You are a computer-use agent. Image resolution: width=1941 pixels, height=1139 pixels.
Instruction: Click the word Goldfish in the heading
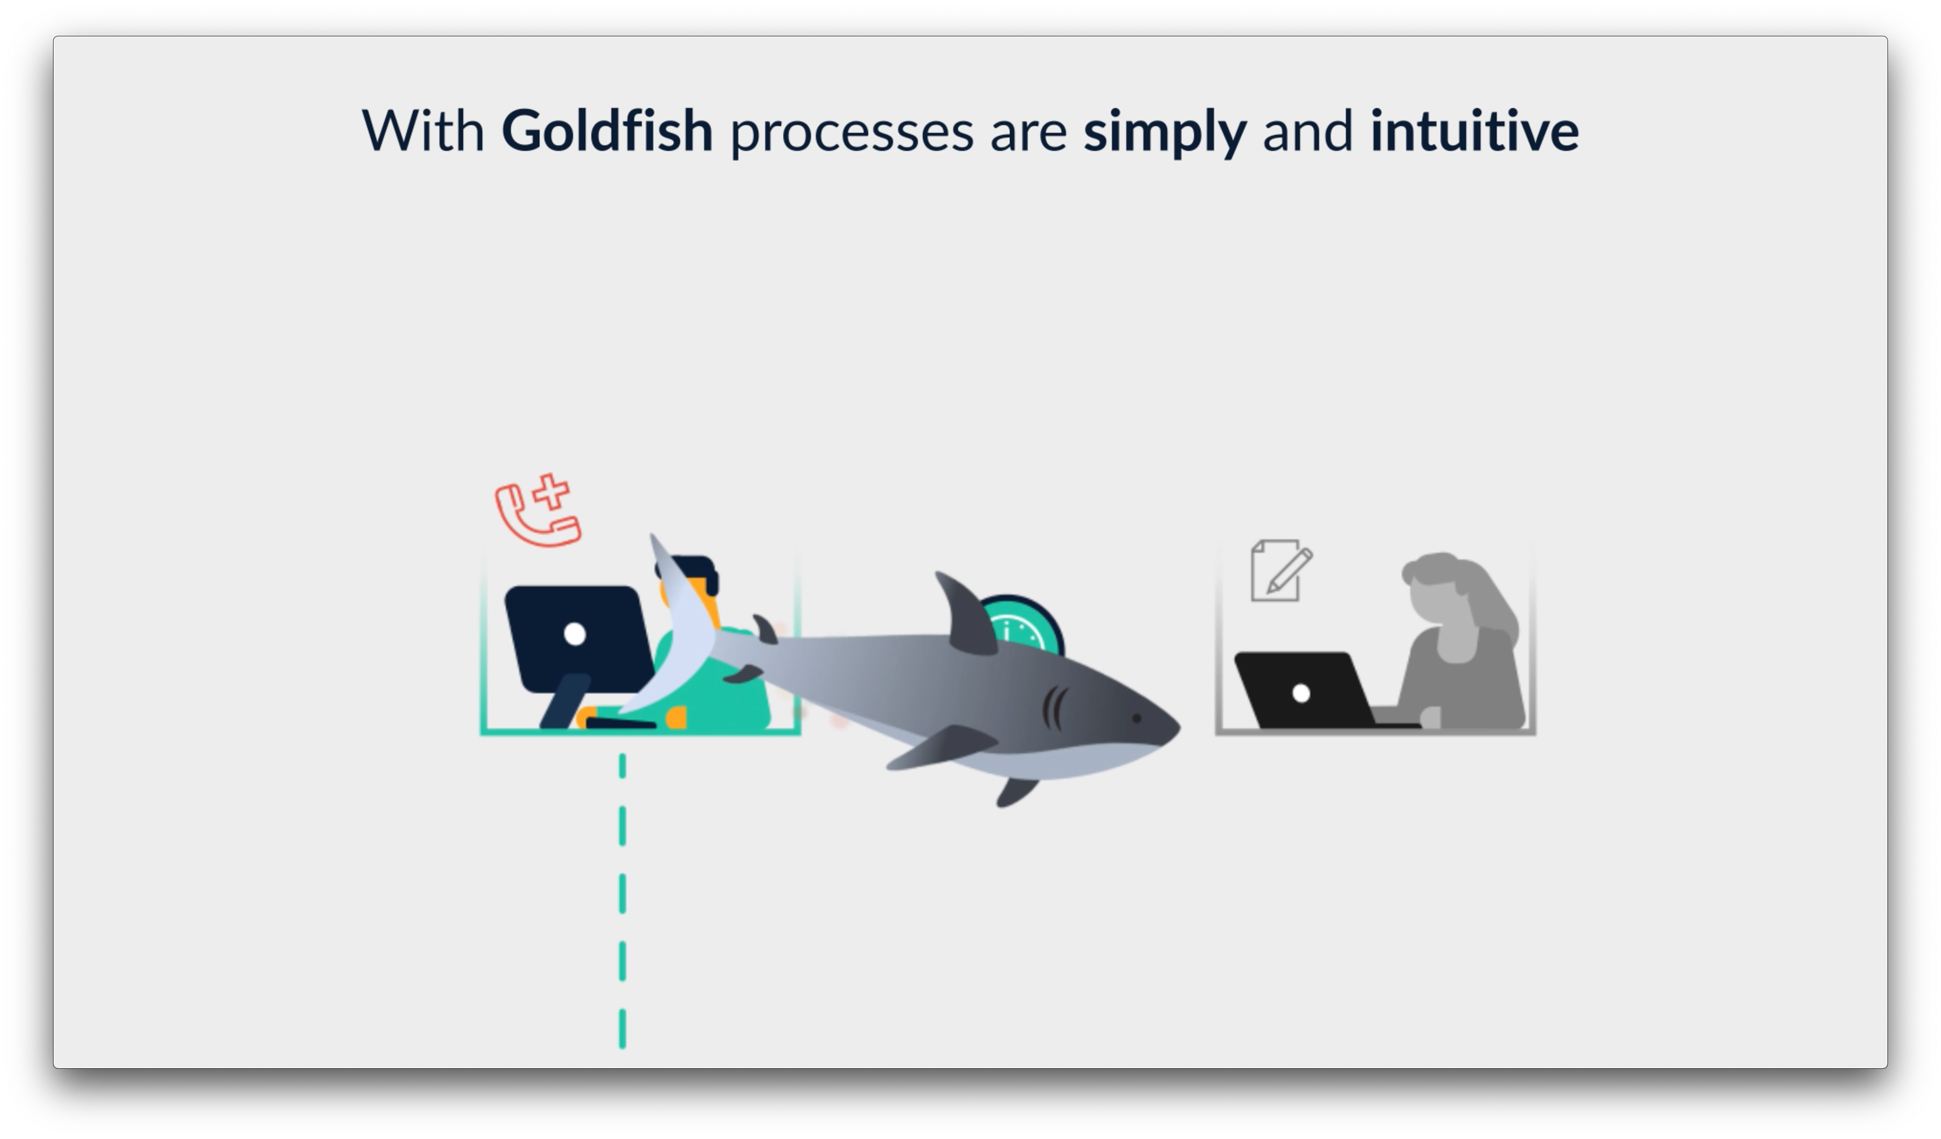point(607,131)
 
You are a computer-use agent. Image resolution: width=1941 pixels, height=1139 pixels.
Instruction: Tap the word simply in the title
point(1165,132)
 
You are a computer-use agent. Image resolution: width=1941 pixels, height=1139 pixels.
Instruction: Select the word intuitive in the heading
point(1474,131)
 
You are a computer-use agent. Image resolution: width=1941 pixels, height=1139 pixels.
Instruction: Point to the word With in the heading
point(423,131)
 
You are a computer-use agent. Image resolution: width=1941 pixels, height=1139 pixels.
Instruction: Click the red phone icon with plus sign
point(538,511)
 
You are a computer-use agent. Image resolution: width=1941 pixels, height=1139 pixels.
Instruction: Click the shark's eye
point(1137,718)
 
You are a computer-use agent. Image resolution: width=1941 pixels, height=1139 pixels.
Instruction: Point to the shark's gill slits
point(1054,708)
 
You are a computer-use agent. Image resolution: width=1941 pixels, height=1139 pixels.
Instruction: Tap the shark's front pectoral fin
point(944,747)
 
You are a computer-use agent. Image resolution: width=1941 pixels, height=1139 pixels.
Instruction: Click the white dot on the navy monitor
point(575,634)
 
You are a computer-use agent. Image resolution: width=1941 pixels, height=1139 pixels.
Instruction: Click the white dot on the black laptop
point(1301,693)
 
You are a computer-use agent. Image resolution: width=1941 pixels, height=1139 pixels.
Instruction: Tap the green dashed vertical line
point(622,901)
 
